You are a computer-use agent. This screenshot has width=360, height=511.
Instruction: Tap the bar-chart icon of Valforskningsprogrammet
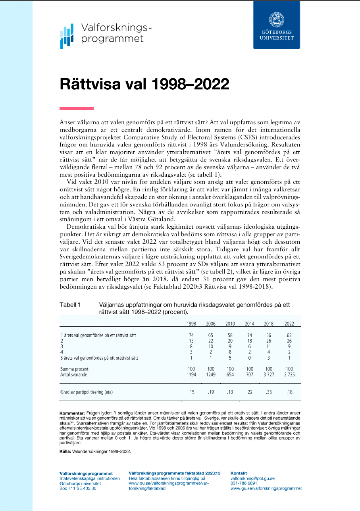click(67, 36)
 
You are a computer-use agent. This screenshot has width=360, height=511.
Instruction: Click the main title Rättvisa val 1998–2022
click(144, 84)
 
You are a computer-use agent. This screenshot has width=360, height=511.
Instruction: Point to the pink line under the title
click(76, 108)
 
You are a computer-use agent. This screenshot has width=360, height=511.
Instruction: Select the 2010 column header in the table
click(230, 324)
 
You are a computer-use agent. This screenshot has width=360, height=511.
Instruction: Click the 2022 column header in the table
click(289, 324)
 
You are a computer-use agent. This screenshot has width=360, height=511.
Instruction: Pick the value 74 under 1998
click(191, 336)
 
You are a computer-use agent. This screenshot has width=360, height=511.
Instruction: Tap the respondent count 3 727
click(268, 374)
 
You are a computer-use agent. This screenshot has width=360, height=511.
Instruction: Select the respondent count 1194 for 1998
click(191, 374)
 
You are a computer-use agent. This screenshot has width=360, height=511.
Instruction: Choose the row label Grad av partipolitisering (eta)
click(87, 392)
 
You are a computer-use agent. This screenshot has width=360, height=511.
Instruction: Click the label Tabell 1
click(70, 305)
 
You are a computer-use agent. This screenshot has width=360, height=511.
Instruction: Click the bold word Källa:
click(66, 452)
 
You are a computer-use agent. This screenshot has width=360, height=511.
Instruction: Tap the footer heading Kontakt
click(239, 473)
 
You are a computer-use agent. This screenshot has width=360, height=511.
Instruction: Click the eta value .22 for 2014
click(250, 392)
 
